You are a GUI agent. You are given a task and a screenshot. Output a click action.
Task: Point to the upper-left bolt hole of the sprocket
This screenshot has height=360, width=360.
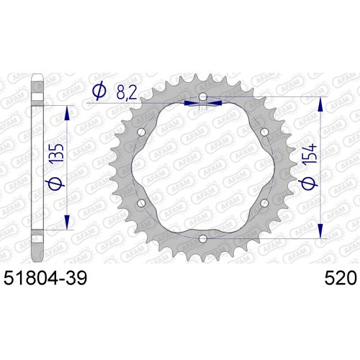pyautogui.click(x=142, y=132)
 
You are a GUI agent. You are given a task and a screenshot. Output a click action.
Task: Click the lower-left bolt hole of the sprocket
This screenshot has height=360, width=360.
pyautogui.click(x=142, y=202)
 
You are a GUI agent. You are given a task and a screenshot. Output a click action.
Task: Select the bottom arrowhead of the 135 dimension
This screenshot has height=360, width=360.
pyautogui.click(x=69, y=225)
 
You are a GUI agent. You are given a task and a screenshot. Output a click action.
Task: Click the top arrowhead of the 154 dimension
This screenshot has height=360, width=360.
pyautogui.click(x=318, y=101)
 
